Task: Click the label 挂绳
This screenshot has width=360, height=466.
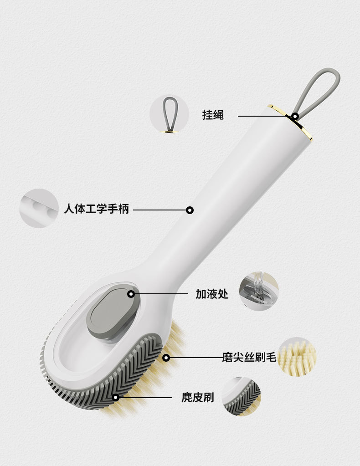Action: pyautogui.click(x=213, y=115)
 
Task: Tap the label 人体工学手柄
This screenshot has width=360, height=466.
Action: pyautogui.click(x=96, y=209)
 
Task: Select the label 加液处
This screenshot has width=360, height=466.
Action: pyautogui.click(x=212, y=294)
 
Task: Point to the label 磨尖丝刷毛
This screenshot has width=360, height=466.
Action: pyautogui.click(x=249, y=358)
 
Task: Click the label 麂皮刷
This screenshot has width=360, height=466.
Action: pyautogui.click(x=197, y=397)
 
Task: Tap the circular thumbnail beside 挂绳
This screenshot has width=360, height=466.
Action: pyautogui.click(x=169, y=114)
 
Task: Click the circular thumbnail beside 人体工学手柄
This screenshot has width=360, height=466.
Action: pyautogui.click(x=39, y=209)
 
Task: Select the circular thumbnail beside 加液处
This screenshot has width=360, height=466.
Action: pyautogui.click(x=258, y=291)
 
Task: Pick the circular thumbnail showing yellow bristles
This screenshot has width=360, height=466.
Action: pyautogui.click(x=297, y=357)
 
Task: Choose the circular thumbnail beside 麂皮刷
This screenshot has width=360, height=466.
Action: pyautogui.click(x=242, y=396)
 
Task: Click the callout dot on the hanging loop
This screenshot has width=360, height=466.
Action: pyautogui.click(x=295, y=116)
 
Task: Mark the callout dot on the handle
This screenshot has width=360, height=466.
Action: pyautogui.click(x=190, y=210)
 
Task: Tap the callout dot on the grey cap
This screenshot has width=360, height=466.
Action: pyautogui.click(x=131, y=294)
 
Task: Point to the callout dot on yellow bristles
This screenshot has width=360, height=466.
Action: pyautogui.click(x=166, y=358)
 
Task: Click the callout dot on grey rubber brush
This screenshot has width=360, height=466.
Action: pyautogui.click(x=116, y=397)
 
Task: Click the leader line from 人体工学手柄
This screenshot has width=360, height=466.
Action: pyautogui.click(x=159, y=210)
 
